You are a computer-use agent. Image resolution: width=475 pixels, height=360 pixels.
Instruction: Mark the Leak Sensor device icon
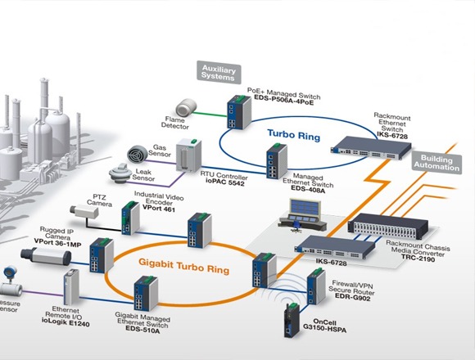(120, 173)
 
